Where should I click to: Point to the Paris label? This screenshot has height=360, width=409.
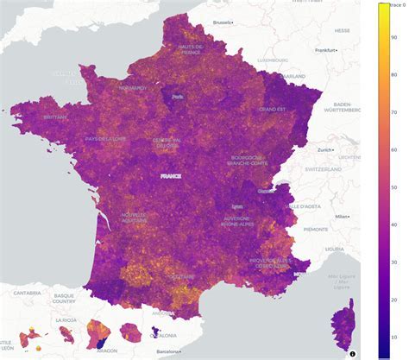coord(179,97)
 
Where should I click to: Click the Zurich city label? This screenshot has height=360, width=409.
coord(325,149)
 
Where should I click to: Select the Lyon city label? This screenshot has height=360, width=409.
coord(238,207)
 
